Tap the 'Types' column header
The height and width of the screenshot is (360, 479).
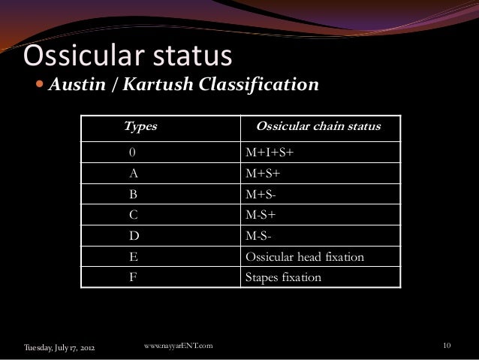[x=140, y=126]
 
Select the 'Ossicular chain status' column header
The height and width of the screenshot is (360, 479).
[x=319, y=126]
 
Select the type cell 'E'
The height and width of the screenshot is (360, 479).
[x=133, y=257]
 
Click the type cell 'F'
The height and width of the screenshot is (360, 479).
[x=133, y=277]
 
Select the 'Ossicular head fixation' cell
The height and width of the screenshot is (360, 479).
[x=305, y=257]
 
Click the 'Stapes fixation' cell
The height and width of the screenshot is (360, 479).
[x=284, y=277]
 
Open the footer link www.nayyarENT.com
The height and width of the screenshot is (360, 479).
[x=177, y=345]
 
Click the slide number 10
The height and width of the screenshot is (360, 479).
[x=447, y=346]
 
